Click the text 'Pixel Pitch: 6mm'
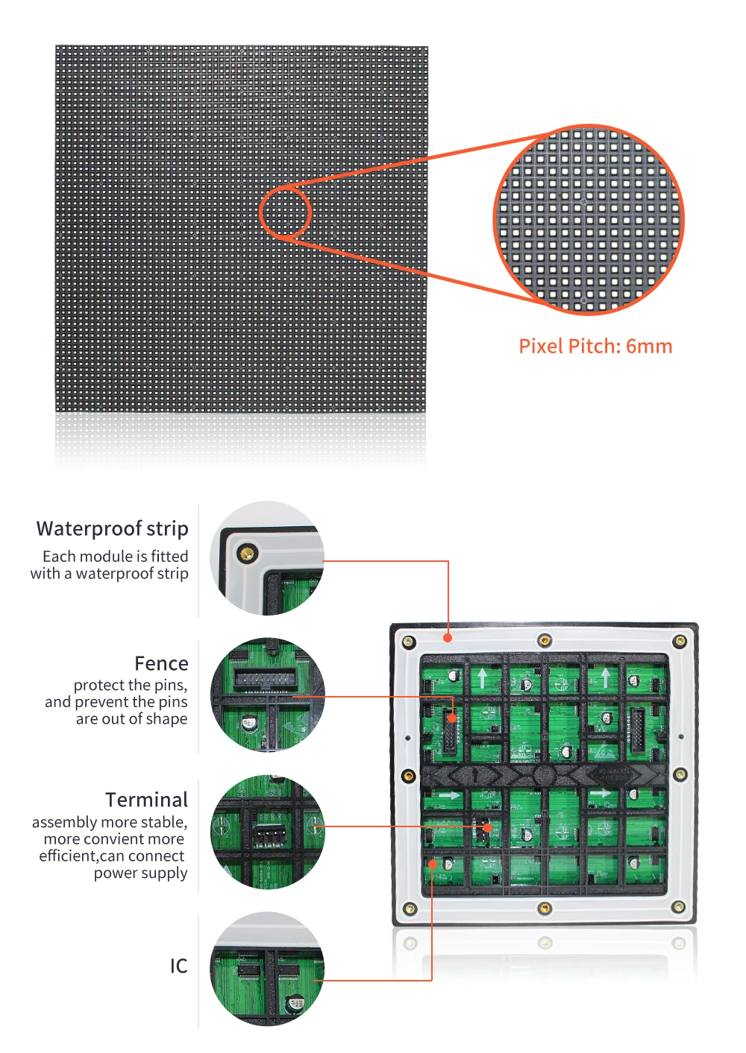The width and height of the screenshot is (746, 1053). coord(595,346)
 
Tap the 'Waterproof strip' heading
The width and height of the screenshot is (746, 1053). coord(112,528)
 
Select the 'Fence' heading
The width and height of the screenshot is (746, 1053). coord(161,663)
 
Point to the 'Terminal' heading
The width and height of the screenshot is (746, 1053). coord(146,800)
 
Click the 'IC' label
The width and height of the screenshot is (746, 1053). coord(178,966)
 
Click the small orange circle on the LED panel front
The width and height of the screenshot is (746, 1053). coord(285,212)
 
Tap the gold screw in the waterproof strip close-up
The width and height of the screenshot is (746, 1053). coord(246,553)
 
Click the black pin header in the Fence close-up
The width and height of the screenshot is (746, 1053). coord(263,678)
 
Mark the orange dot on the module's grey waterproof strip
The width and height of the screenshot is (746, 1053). coord(448,638)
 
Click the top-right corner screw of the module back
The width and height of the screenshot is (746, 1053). coord(680,641)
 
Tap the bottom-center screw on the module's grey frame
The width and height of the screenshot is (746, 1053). coord(545,908)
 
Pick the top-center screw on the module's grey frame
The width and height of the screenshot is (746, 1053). coord(545,640)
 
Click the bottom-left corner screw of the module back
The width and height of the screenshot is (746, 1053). coord(409,908)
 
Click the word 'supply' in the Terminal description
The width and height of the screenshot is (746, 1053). coord(165,873)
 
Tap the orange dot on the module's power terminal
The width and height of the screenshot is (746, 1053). coord(487,827)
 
